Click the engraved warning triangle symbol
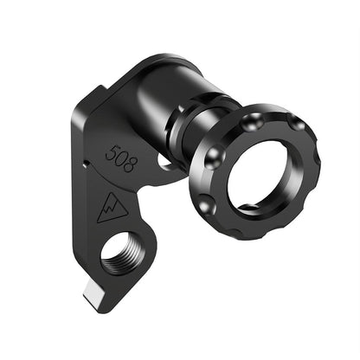click(112, 208)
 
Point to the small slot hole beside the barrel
click(165, 161)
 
